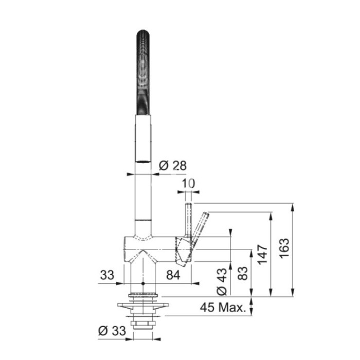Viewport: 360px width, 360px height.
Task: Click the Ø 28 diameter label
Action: pos(173,166)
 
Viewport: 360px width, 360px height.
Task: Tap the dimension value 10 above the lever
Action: pos(188,184)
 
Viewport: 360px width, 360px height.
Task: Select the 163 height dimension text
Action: pos(284,248)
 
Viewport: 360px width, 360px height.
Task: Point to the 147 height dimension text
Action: pos(262,255)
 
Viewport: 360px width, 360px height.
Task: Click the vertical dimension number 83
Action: pos(243,273)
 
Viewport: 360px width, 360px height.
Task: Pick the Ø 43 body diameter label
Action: pos(222,281)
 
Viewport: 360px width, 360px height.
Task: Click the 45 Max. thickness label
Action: pos(223,307)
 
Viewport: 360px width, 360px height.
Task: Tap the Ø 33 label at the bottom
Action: pos(112,331)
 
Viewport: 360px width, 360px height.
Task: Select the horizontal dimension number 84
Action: pos(173,275)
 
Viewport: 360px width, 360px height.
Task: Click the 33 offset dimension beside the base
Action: pos(107,275)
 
